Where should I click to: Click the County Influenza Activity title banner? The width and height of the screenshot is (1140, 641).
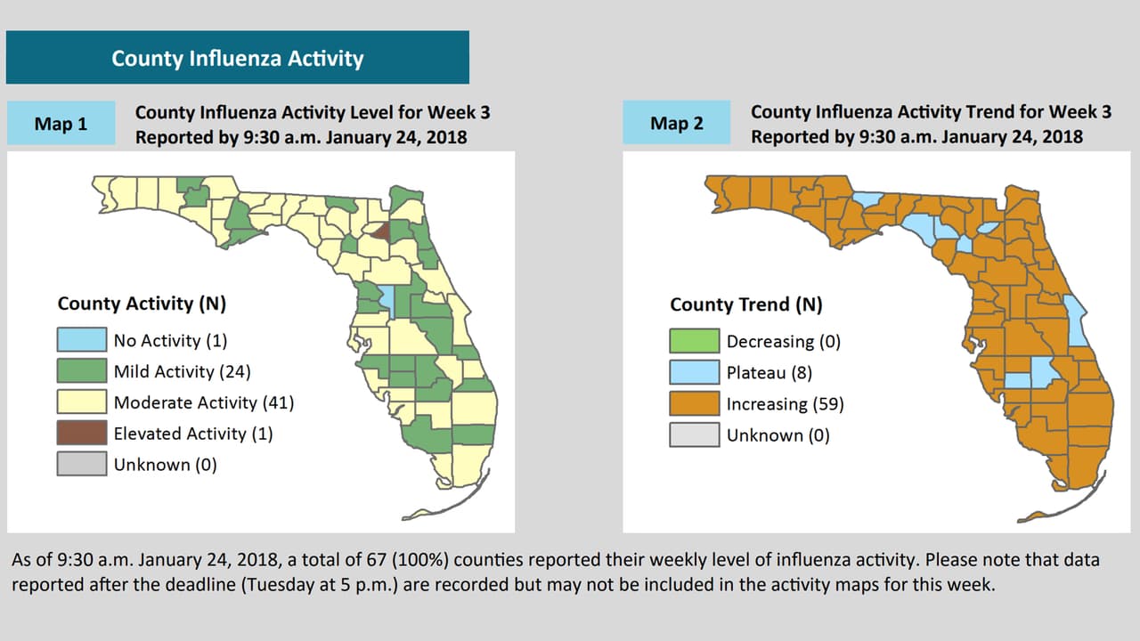[x=237, y=58]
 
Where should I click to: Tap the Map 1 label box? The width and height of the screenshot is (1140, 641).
[x=61, y=124]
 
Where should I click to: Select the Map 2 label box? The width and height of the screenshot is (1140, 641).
[x=676, y=124]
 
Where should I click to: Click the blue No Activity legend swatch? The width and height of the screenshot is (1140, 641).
[x=82, y=340]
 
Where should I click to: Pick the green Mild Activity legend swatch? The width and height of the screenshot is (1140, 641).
[x=82, y=371]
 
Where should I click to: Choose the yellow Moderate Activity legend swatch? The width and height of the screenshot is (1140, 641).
[x=82, y=402]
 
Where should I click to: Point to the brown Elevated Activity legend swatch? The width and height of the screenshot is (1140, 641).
[x=82, y=434]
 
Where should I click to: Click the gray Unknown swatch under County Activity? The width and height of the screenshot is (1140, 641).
[x=82, y=464]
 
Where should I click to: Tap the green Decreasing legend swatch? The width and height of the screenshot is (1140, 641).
[x=695, y=341]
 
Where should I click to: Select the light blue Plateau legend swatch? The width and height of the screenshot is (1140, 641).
[x=695, y=372]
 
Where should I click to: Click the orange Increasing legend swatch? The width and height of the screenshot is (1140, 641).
[x=695, y=403]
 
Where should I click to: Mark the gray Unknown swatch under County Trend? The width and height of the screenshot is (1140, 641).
[x=695, y=434]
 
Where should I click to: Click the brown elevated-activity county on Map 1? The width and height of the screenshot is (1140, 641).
[x=379, y=231]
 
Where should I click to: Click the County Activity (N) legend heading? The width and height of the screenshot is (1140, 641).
[x=142, y=304]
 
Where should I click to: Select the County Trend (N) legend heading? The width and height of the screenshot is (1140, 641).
[x=746, y=304]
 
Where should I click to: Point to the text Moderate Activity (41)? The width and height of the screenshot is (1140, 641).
[x=204, y=402]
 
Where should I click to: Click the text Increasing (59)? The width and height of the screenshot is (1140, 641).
[x=785, y=404]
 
